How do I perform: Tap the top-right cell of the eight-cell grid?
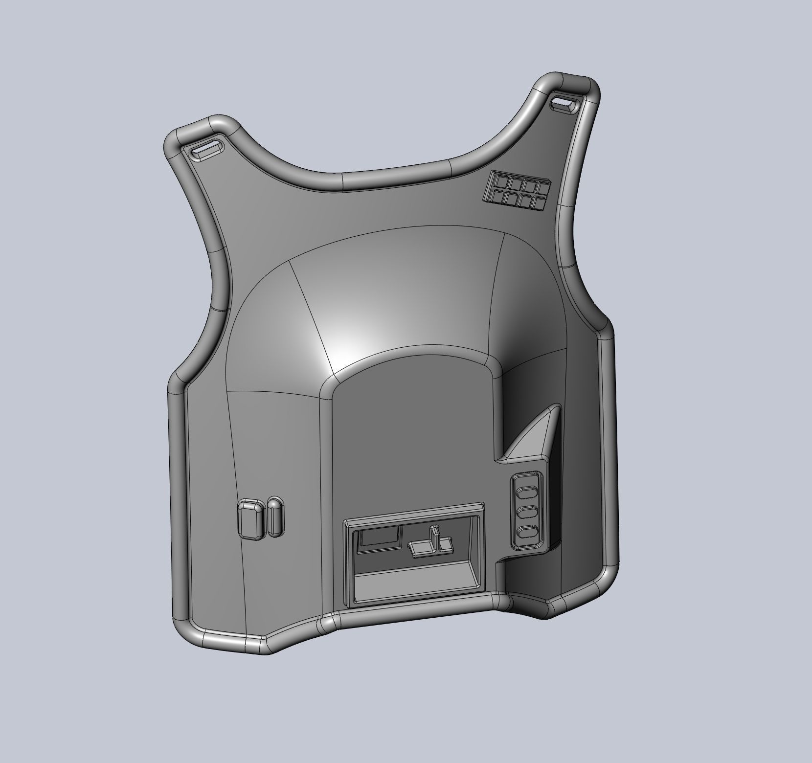[x=542, y=187]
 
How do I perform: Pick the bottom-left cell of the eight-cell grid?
[x=496, y=197]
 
